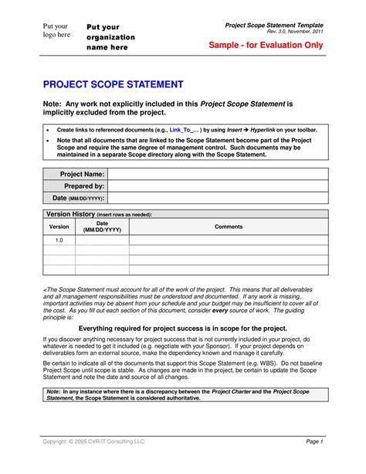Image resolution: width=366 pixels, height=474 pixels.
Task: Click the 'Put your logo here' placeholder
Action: [x=56, y=30]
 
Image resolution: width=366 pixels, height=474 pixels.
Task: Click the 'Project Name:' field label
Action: [x=82, y=175]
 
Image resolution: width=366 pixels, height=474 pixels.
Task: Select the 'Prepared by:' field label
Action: [x=83, y=186]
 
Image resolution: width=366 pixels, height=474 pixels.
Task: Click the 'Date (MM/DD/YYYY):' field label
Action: [x=77, y=199]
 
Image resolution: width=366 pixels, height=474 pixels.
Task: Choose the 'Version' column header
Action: [x=59, y=227]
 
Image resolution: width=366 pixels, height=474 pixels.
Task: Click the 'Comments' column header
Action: [x=229, y=227]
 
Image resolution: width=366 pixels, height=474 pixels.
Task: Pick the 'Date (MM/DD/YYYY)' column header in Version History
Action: [x=102, y=227]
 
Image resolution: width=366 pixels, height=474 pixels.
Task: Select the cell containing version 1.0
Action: [x=59, y=240]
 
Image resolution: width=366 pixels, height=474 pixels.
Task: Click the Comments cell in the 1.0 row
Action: [x=229, y=240]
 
